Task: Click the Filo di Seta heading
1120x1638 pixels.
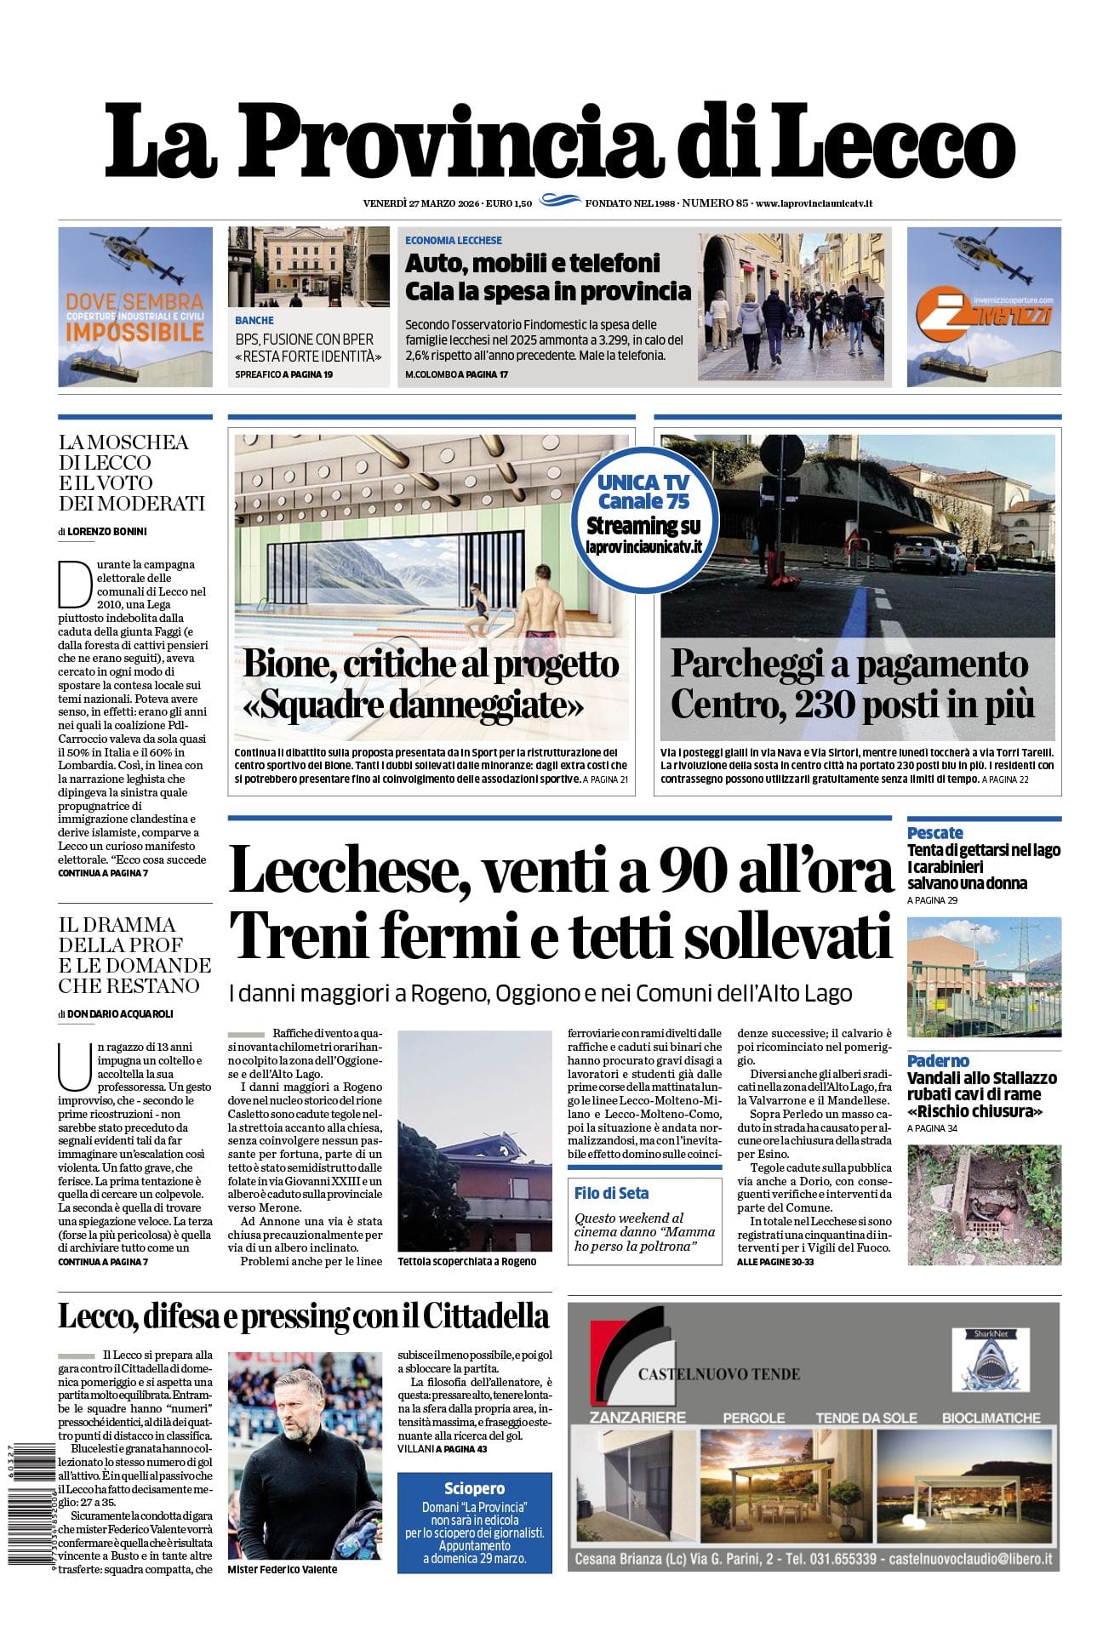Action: point(611,1193)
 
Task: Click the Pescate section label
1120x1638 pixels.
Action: point(934,832)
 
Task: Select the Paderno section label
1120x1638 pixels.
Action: point(938,1060)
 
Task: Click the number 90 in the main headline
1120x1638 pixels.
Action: point(701,870)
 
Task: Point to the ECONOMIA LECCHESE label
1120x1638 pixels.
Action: point(453,241)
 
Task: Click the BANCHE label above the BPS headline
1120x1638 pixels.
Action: point(254,321)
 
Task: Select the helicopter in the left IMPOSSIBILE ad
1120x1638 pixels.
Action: point(140,260)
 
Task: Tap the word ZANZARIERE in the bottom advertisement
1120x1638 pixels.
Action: point(637,1418)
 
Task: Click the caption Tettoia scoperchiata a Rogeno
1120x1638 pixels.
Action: point(466,1261)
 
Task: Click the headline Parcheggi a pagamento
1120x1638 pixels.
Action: point(849,665)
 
